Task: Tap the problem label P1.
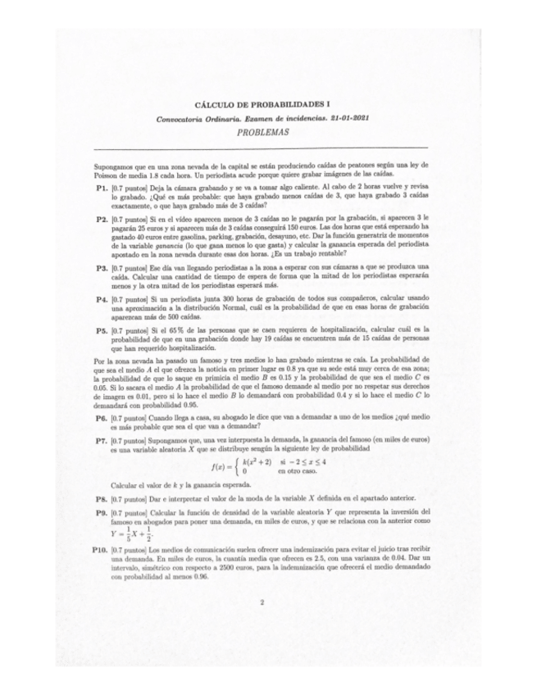(x=102, y=188)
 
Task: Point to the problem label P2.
(x=102, y=220)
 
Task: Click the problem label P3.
(x=102, y=268)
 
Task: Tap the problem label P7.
(x=102, y=441)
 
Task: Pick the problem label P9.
(x=102, y=512)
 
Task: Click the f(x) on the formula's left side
(x=219, y=468)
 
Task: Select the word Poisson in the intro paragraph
(x=111, y=175)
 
